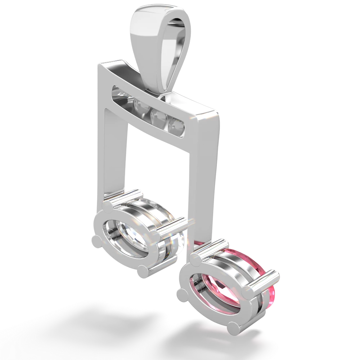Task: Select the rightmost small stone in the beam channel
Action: pos(177,125)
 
